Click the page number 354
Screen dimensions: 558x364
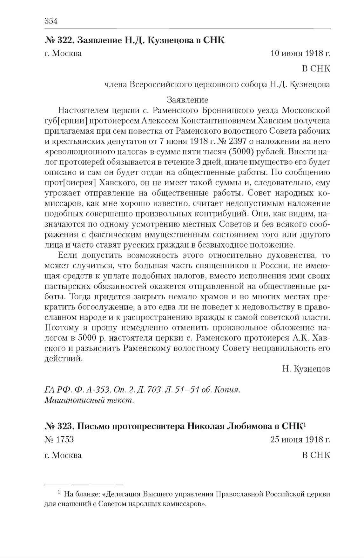pyautogui.click(x=51, y=21)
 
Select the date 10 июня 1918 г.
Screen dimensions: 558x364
pyautogui.click(x=300, y=53)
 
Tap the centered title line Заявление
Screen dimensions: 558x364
pyautogui.click(x=187, y=100)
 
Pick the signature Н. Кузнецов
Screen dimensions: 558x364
pyautogui.click(x=306, y=369)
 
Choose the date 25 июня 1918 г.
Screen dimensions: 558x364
pyautogui.click(x=300, y=440)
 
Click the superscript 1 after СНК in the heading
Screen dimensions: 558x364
pyautogui.click(x=304, y=424)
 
